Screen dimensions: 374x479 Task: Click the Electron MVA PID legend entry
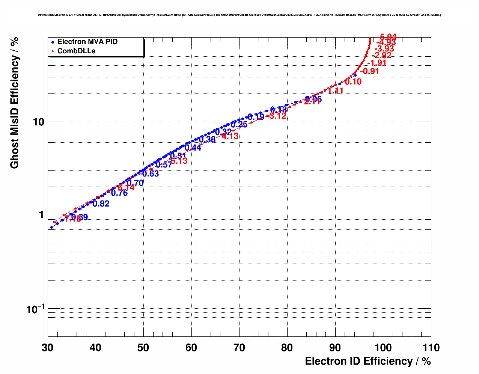87,42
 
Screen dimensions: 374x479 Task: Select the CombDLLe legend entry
76,51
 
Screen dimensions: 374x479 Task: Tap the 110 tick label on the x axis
431,348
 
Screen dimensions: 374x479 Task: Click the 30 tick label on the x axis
48,348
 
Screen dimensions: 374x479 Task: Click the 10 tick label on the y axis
39,122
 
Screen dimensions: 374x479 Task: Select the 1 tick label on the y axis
41,215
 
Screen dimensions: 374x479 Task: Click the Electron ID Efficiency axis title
368,361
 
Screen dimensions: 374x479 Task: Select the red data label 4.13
230,136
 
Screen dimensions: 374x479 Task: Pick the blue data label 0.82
101,204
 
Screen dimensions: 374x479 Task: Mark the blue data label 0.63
151,173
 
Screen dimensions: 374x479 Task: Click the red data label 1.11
335,90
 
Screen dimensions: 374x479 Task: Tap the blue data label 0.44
193,148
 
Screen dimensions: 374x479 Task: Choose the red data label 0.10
353,81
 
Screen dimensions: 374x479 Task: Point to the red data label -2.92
381,55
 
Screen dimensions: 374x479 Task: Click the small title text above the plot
239,15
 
